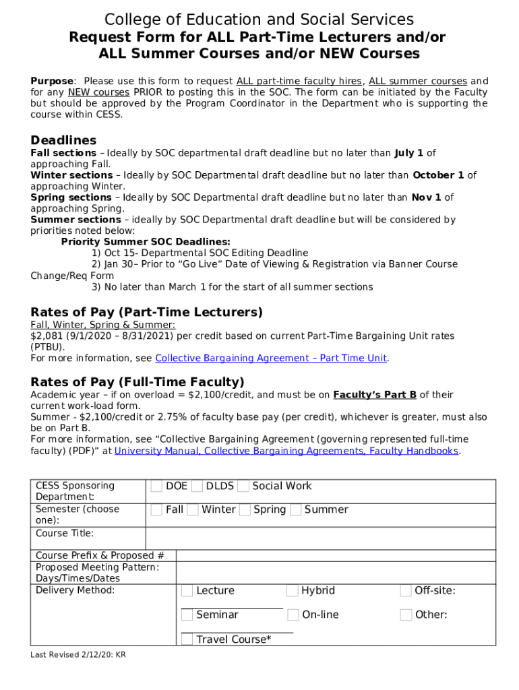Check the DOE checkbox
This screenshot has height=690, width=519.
tap(156, 487)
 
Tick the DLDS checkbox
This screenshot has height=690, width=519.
tap(197, 487)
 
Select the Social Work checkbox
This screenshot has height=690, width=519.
tap(243, 487)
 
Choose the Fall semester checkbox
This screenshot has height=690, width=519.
tap(156, 510)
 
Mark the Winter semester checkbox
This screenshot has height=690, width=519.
tap(193, 510)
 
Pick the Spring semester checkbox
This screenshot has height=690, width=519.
tap(245, 510)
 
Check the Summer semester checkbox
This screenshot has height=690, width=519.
tap(296, 510)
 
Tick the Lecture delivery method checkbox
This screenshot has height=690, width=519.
tap(187, 591)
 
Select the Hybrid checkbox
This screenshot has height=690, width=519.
tap(293, 591)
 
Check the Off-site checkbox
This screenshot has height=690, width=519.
tap(406, 591)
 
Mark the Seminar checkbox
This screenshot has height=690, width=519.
tap(187, 615)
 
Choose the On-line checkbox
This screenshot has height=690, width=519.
tap(293, 615)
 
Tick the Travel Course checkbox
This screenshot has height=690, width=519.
tap(187, 639)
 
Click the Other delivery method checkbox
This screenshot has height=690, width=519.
tap(406, 615)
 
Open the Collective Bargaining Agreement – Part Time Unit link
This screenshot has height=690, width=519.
tap(271, 358)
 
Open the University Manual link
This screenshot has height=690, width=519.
tap(286, 451)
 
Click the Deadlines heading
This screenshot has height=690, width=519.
tap(63, 140)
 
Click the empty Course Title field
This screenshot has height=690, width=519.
tap(320, 538)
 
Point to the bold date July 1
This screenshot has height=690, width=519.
tap(410, 153)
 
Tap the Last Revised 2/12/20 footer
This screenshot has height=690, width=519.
tap(78, 654)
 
